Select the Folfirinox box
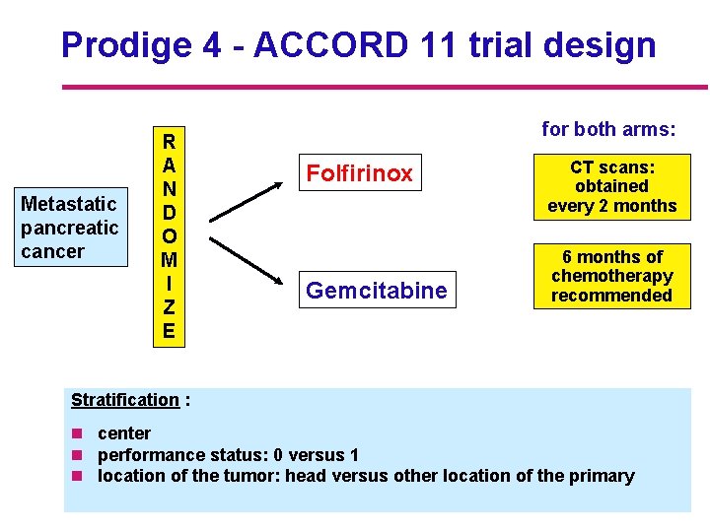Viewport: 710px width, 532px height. [359, 174]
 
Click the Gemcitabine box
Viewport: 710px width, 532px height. [376, 290]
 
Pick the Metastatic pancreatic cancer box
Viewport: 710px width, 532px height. [69, 228]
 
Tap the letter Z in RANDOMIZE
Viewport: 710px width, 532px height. [169, 307]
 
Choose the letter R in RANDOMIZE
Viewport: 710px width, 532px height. [169, 141]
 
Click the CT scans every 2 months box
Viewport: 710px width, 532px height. [611, 186]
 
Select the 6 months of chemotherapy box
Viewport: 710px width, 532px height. [611, 277]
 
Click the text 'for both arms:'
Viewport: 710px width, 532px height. [608, 128]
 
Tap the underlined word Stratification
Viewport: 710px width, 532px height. [125, 400]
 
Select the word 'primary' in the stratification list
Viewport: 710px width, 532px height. [602, 476]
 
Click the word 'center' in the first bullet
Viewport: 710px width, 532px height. [124, 433]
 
